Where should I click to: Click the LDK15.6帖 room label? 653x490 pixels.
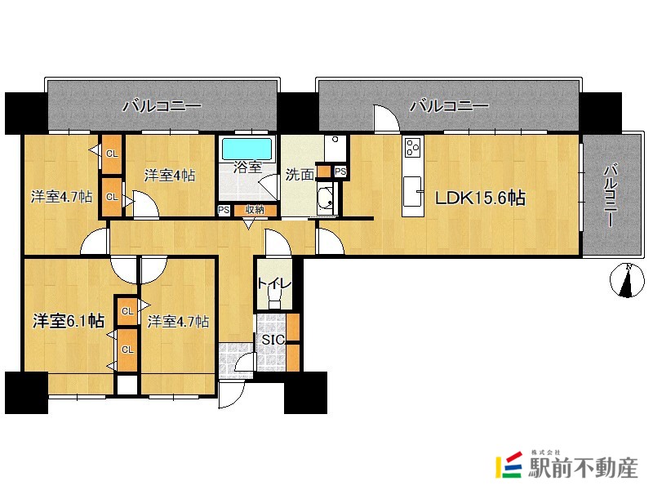click(480, 198)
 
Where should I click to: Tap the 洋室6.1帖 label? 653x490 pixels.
click(69, 321)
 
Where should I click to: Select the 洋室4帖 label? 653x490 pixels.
click(170, 175)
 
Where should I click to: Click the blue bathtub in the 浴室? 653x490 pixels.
click(247, 149)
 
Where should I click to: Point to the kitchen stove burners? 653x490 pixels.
click(413, 148)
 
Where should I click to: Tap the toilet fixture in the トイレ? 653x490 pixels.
click(274, 299)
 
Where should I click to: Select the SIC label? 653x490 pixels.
click(273, 340)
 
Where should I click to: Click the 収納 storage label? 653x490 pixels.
click(255, 210)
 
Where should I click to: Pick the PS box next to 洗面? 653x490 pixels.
click(340, 171)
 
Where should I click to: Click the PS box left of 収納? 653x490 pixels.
click(224, 210)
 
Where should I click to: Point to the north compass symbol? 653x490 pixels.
click(627, 280)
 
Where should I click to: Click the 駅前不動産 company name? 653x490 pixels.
click(583, 467)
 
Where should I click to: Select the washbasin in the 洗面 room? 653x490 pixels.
click(325, 197)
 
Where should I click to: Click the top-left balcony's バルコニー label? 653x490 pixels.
click(162, 106)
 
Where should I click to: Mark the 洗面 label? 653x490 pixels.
click(300, 175)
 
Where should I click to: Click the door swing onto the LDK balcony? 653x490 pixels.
click(386, 118)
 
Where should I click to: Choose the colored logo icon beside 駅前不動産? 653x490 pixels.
click(509, 465)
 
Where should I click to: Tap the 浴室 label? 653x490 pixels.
click(247, 167)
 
